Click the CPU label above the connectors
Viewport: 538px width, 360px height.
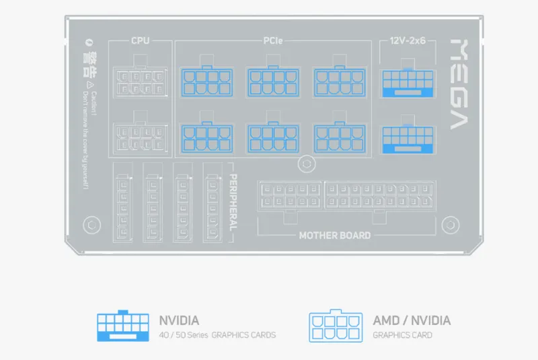(x=140, y=41)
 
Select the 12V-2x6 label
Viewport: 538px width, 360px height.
(x=408, y=41)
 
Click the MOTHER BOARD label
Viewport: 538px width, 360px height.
(x=334, y=236)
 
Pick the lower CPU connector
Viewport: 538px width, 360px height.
(x=140, y=137)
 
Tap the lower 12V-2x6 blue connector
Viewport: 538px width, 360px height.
(x=408, y=139)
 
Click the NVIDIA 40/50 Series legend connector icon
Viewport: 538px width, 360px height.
(x=123, y=326)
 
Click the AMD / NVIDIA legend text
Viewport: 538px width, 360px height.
(x=412, y=320)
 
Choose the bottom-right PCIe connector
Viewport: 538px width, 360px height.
(x=340, y=137)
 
